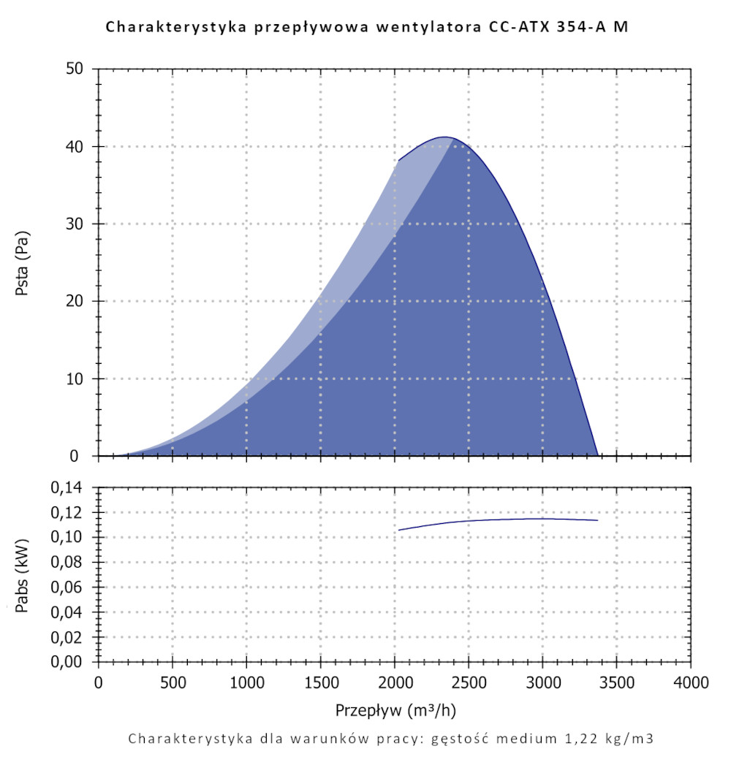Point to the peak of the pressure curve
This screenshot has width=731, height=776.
tap(444, 137)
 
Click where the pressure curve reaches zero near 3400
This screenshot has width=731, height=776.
tap(597, 455)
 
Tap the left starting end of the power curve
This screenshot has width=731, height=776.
tap(399, 530)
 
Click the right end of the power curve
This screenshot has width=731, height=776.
tap(597, 520)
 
